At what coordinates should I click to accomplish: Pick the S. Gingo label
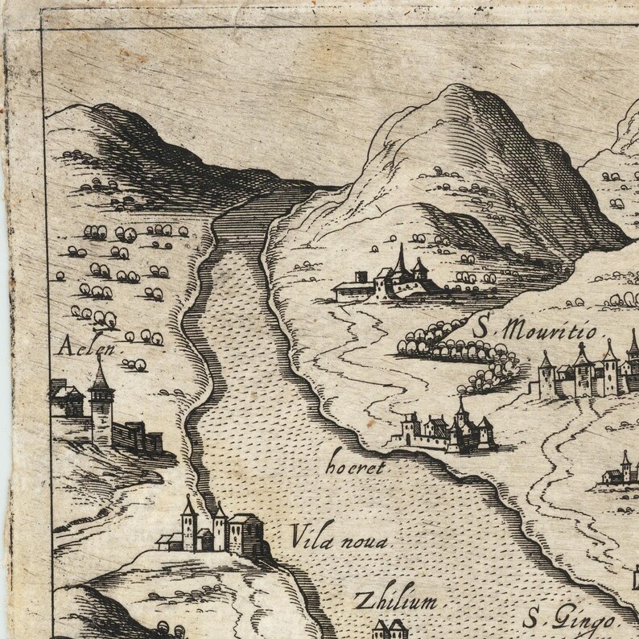point(569,619)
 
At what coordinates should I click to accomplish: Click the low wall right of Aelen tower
point(138,438)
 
